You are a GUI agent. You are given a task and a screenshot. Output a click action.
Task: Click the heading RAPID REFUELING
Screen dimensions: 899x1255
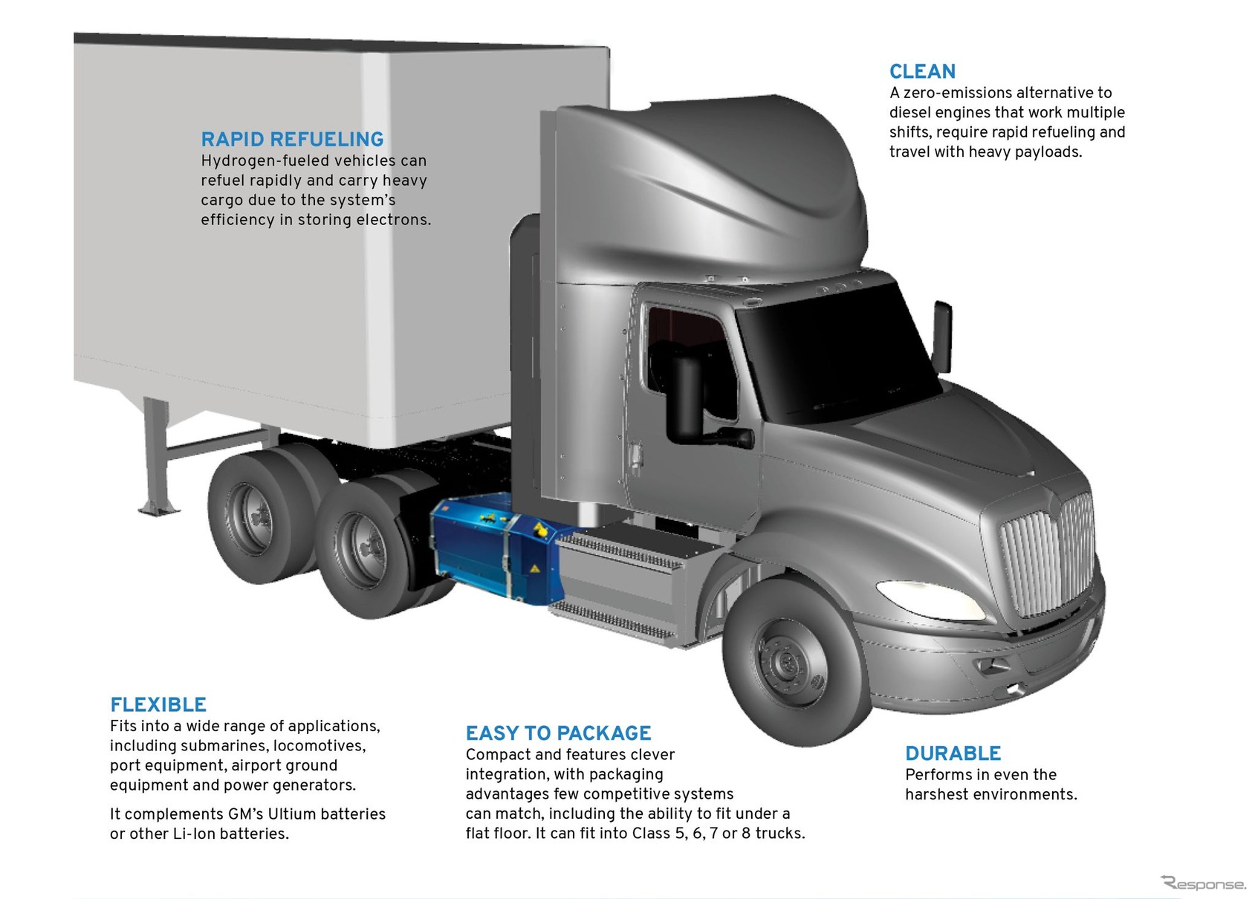click(x=292, y=139)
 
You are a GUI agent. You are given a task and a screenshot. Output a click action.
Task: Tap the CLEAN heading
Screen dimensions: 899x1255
click(x=922, y=71)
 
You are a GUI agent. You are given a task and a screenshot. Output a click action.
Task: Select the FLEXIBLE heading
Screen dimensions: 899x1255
click(x=158, y=704)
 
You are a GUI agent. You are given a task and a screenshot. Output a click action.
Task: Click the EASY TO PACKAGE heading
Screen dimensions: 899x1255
click(x=558, y=733)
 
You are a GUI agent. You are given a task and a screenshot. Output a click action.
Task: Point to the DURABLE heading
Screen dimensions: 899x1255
click(x=953, y=753)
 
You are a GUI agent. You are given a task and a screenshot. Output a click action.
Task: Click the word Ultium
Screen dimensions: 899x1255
click(x=296, y=814)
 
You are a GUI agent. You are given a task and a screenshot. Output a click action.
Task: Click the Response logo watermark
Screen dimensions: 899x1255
click(x=1204, y=883)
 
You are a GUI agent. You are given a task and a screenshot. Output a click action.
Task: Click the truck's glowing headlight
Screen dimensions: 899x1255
click(x=919, y=594)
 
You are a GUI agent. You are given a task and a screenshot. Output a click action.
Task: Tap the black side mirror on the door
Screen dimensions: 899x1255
click(x=686, y=397)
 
